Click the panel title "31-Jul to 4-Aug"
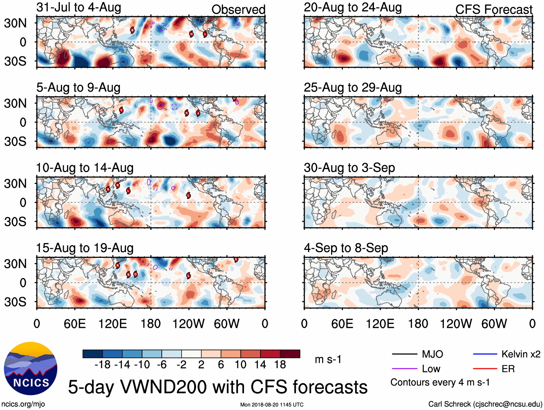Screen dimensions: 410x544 (x=79, y=8)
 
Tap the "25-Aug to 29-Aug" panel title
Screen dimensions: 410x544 (x=352, y=88)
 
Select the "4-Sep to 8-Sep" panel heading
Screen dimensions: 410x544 (x=346, y=248)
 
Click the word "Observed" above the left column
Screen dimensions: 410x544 (x=238, y=10)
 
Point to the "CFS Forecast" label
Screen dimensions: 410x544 (x=494, y=10)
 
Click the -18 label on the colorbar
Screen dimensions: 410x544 (x=102, y=365)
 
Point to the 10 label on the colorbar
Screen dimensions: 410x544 (x=240, y=365)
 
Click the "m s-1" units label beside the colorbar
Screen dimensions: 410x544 (x=328, y=360)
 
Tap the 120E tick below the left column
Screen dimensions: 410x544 (x=112, y=324)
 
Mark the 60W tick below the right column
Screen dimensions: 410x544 (x=494, y=324)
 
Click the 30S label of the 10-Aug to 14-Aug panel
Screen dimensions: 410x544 (x=15, y=221)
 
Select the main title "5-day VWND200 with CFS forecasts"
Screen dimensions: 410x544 (x=218, y=387)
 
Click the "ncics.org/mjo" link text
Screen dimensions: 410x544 (x=23, y=404)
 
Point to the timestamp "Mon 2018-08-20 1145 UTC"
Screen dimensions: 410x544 (x=272, y=405)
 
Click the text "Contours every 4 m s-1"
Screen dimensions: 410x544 (x=440, y=382)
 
